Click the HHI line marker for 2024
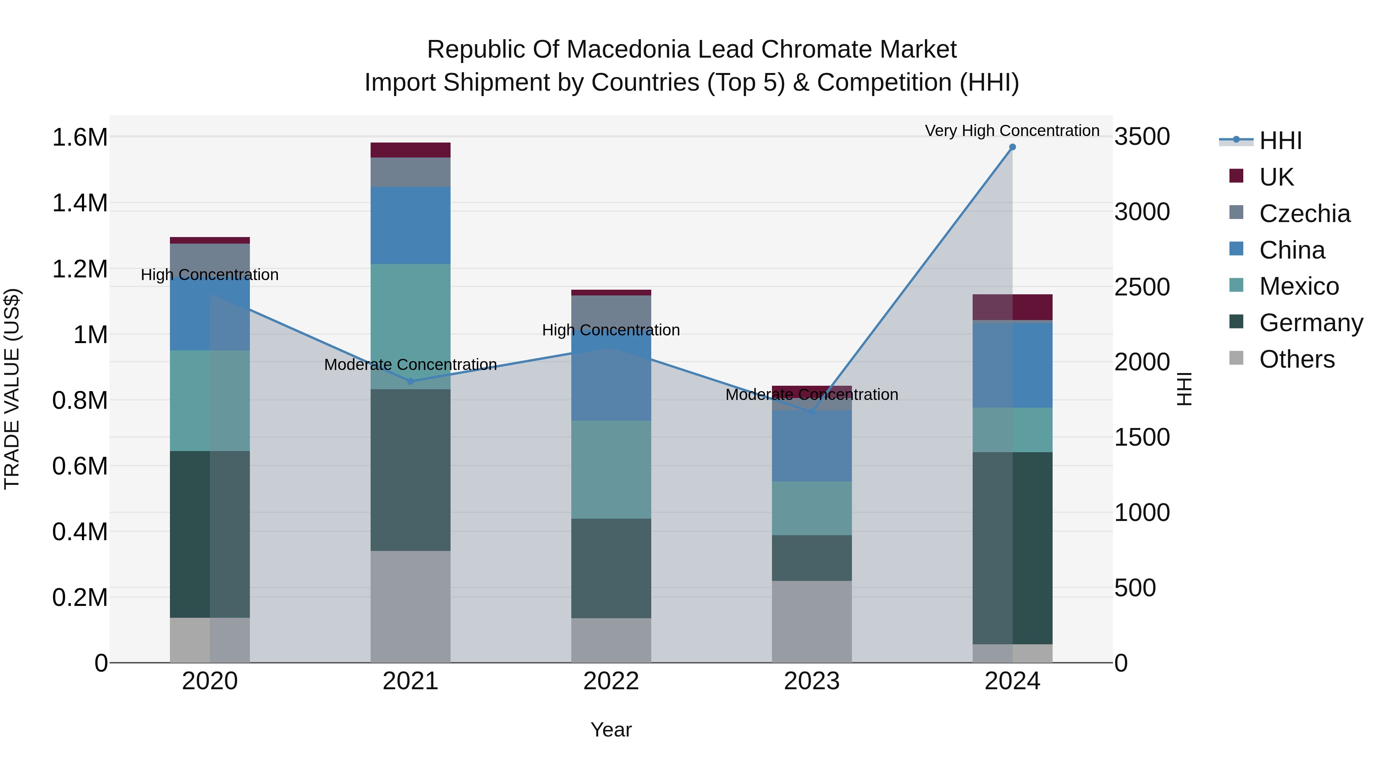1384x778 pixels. pyautogui.click(x=1012, y=147)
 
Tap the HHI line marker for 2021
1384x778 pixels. pyautogui.click(x=411, y=381)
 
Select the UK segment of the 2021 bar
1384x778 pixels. pyautogui.click(x=411, y=150)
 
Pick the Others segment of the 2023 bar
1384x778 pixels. pyautogui.click(x=812, y=621)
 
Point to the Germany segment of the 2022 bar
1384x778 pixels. pyautogui.click(x=611, y=568)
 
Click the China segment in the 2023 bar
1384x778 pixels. pyautogui.click(x=812, y=446)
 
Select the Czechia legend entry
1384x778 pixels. pyautogui.click(x=1304, y=214)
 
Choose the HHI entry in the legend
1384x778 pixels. pyautogui.click(x=1280, y=141)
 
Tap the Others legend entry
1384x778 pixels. pyautogui.click(x=1296, y=359)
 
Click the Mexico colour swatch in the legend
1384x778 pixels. pyautogui.click(x=1236, y=285)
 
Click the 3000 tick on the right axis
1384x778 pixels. pyautogui.click(x=1142, y=212)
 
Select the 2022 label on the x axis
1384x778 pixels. pyautogui.click(x=611, y=681)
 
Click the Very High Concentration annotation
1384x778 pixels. pyautogui.click(x=1012, y=131)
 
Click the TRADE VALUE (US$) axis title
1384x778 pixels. pyautogui.click(x=12, y=389)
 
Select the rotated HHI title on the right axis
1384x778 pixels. pyautogui.click(x=1184, y=389)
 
